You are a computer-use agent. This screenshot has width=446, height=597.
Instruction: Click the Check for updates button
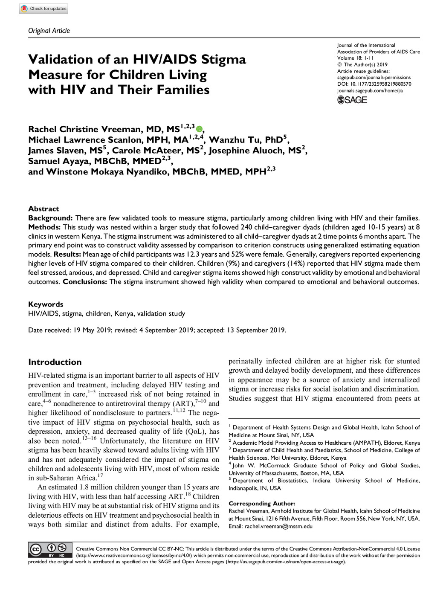43,9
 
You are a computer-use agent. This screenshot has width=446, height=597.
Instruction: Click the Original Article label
49,31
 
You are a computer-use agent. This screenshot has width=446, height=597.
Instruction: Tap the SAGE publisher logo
352,100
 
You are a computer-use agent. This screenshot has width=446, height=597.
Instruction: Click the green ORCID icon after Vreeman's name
199,129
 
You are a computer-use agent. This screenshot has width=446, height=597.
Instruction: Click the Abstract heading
43,209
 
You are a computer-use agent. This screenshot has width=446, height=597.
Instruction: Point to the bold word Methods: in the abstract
44,227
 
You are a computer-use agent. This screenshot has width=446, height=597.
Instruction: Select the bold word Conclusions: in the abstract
85,281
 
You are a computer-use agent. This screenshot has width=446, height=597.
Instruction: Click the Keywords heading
46,304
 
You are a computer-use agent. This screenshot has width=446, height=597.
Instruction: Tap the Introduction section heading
55,362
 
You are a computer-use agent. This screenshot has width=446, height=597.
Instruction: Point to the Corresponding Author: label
262,503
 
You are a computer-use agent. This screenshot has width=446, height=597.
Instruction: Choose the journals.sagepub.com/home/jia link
370,90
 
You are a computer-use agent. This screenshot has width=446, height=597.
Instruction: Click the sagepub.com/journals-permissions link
374,78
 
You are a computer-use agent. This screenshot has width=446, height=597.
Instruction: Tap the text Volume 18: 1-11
356,58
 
